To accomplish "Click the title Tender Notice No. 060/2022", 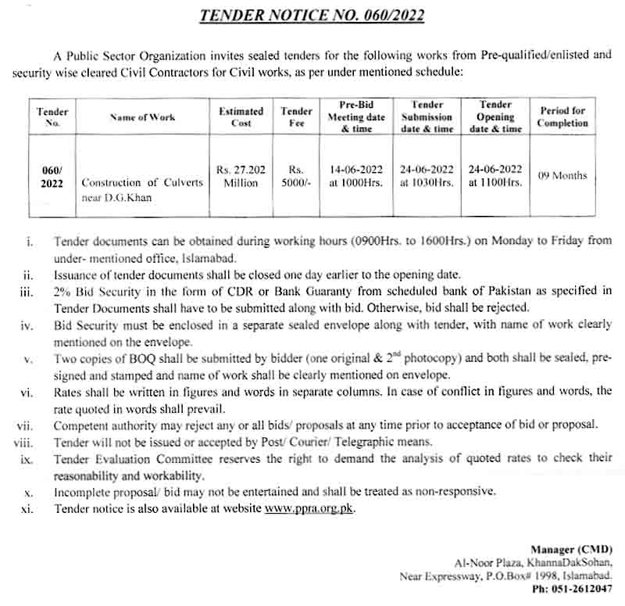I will [x=312, y=15].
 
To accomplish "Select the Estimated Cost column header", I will [x=241, y=117].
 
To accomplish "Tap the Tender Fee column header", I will [x=296, y=117].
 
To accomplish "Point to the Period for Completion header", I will [x=562, y=117].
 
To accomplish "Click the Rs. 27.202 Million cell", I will [x=241, y=175].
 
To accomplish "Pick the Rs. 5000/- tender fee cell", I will [x=296, y=175].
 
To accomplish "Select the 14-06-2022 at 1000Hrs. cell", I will [x=356, y=175].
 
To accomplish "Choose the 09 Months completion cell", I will [x=562, y=176].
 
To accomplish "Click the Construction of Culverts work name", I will [x=142, y=182].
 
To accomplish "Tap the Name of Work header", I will [x=142, y=117].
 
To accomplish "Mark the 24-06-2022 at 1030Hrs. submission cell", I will [x=427, y=175].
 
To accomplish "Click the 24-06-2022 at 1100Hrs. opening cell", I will [x=495, y=175].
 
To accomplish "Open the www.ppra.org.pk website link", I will [x=310, y=509].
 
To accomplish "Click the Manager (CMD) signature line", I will [x=571, y=549].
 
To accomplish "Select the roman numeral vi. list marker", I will [x=27, y=392].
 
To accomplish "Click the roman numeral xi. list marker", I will [x=27, y=509].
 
